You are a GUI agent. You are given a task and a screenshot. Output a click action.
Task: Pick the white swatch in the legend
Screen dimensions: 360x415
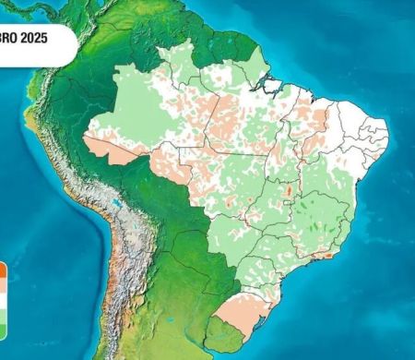(3, 300)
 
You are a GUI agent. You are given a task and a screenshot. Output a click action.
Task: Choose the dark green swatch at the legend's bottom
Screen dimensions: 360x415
(3, 329)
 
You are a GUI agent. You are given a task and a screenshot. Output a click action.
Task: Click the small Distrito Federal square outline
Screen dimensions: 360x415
(288, 207)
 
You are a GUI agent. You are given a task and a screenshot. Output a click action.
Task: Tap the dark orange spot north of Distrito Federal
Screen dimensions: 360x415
(289, 191)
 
